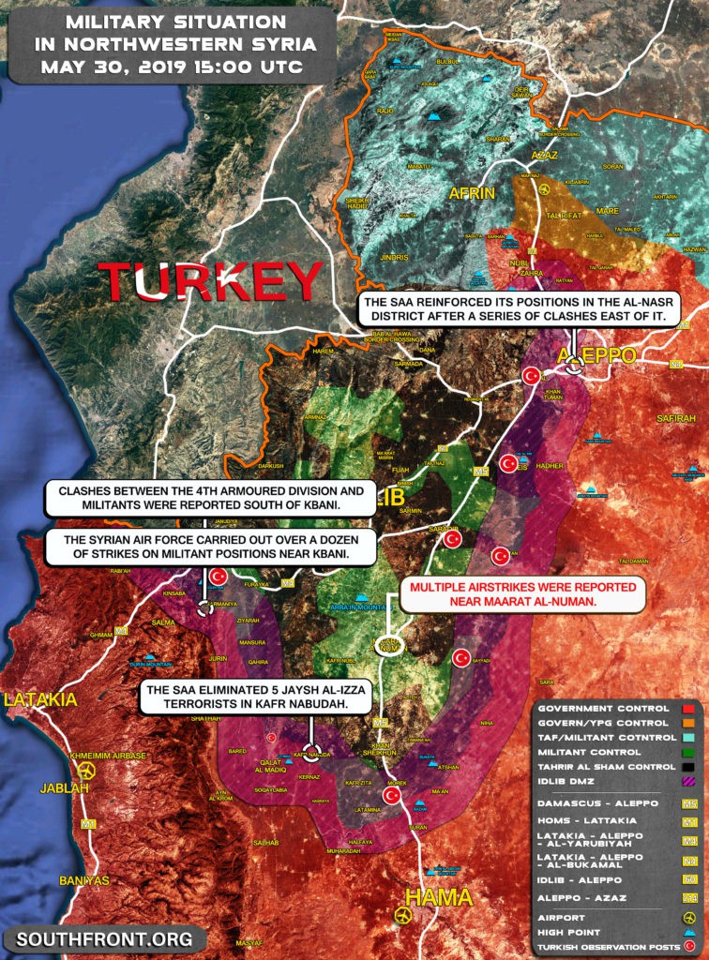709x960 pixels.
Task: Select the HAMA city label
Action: click(439, 897)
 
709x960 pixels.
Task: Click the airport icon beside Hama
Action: click(404, 914)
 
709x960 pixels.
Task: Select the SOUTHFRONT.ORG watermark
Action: click(104, 938)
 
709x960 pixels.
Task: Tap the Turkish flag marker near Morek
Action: click(392, 795)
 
